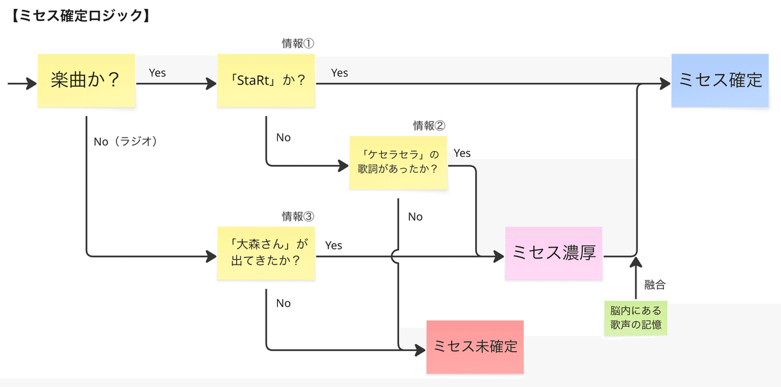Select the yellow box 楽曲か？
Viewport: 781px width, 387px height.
click(86, 80)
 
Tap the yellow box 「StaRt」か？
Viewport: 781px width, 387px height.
click(266, 81)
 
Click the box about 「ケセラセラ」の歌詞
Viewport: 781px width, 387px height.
click(398, 162)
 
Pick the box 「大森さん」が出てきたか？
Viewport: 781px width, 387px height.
click(266, 253)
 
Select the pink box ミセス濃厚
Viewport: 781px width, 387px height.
click(554, 253)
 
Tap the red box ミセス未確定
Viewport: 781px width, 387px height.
click(475, 347)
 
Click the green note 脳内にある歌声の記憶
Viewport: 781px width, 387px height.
click(636, 318)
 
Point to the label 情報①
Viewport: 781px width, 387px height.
click(298, 44)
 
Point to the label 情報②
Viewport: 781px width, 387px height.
click(430, 125)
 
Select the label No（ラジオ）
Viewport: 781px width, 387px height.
click(126, 141)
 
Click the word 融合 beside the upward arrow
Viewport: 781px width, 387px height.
click(655, 284)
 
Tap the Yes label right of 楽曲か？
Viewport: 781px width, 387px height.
click(158, 72)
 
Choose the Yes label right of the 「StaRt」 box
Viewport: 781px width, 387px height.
click(340, 72)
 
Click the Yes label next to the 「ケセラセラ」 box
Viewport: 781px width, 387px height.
click(462, 153)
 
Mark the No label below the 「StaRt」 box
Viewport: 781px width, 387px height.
click(283, 137)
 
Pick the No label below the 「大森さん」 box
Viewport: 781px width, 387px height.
click(283, 303)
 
